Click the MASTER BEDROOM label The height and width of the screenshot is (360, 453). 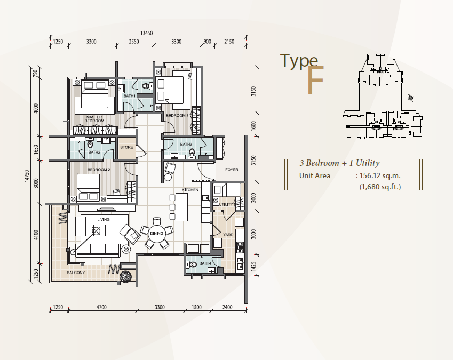[x=94, y=119]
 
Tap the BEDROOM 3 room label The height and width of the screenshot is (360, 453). [x=177, y=116]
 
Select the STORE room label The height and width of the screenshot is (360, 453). [x=126, y=147]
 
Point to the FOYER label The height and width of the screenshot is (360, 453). [x=232, y=170]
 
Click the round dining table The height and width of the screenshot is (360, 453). [x=157, y=233]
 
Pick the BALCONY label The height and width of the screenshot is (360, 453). [x=76, y=273]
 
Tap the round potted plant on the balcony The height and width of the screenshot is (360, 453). [x=126, y=276]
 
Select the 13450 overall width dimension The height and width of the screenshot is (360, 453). [x=147, y=33]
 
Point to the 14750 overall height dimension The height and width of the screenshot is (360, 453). [x=27, y=176]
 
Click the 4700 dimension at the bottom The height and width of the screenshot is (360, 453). [x=101, y=307]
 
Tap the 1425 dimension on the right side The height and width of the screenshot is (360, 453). [x=253, y=267]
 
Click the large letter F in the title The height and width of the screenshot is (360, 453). [x=315, y=80]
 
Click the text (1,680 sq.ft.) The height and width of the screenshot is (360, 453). [x=380, y=187]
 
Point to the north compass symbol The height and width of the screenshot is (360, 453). [x=411, y=98]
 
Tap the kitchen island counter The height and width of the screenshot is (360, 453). [x=181, y=207]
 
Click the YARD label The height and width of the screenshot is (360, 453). [x=228, y=235]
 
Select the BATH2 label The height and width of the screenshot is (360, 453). [x=94, y=152]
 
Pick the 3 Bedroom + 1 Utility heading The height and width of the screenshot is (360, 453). [x=339, y=163]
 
